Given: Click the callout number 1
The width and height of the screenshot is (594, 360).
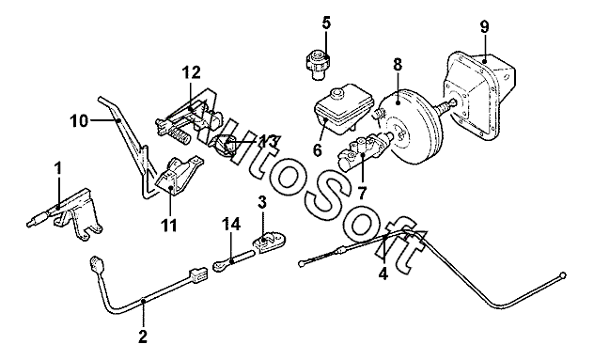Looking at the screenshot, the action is pos(58,169).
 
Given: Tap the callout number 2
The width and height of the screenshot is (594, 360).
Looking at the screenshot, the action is pos(143,337).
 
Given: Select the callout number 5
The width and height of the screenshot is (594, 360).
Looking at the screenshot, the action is pos(326,23).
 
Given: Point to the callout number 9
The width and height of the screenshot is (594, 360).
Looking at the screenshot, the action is pos(484,26).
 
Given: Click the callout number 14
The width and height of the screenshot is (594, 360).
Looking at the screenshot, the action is pos(231,224).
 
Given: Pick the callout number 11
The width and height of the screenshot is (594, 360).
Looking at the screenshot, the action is pos(169,226).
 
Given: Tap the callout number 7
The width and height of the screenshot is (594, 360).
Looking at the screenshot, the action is pos(363,194).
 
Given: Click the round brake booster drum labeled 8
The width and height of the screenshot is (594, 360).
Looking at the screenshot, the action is pos(411,127).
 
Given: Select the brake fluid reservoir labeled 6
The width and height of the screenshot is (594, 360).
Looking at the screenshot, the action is pos(343,110).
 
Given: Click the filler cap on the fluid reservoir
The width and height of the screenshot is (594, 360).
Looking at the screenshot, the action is pos(336,94).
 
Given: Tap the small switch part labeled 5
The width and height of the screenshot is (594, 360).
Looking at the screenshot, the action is pos(318,65).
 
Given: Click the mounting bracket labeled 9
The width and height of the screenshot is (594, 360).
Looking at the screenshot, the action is pos(480,96).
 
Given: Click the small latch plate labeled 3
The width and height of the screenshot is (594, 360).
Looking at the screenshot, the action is pos(272,241).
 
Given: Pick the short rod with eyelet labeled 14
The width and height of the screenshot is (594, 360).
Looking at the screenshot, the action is pos(234,260).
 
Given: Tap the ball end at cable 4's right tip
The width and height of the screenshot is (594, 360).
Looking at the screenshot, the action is pos(563,274).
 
